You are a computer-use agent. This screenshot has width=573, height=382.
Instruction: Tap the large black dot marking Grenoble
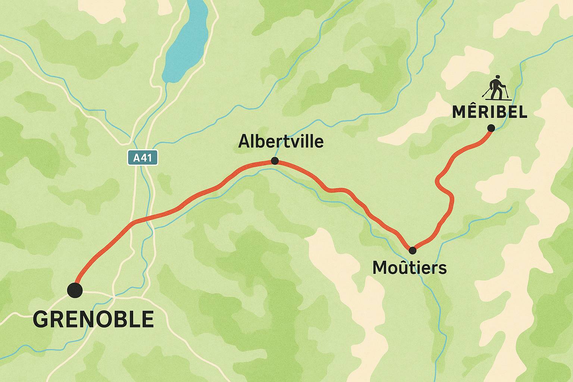tap(75, 290)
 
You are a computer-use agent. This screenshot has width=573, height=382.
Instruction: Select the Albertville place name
tap(281, 142)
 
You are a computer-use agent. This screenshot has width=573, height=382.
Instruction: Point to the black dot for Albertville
tap(275, 161)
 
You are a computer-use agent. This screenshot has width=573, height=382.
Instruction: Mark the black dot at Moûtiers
tap(412, 250)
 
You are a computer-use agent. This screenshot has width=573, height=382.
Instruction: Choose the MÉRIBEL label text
tap(489, 112)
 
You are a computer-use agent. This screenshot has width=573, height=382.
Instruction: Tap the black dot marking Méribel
tap(491, 128)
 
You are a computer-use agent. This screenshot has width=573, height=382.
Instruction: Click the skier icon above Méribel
tap(496, 88)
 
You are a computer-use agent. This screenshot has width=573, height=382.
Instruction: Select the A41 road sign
tap(143, 158)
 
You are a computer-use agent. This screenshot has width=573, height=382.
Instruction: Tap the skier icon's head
tap(497, 78)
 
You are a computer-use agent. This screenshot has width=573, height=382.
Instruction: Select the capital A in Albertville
tap(243, 142)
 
